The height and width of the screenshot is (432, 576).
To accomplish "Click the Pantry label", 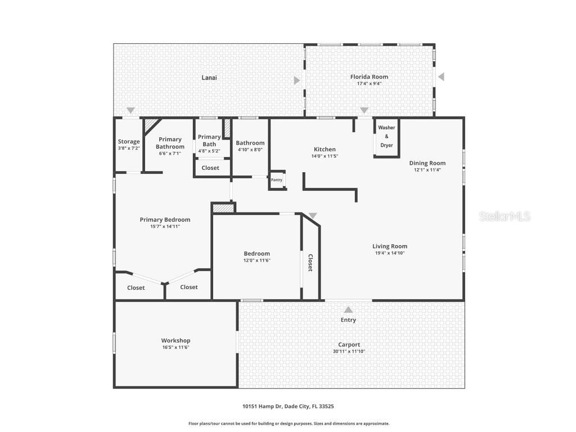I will (x=277, y=180).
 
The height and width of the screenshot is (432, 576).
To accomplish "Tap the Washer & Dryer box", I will (x=386, y=137).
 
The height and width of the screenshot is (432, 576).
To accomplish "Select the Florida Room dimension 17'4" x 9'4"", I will (x=369, y=84).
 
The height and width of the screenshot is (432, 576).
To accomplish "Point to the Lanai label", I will (x=209, y=78).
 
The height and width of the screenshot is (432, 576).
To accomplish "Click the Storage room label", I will (x=129, y=142).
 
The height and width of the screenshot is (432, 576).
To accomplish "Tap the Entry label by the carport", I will (x=348, y=320).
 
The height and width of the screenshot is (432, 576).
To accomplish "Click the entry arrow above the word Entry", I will (x=348, y=309).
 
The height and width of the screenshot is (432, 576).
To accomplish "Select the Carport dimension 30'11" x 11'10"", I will (x=349, y=352).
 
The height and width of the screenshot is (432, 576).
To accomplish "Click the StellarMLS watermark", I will (x=505, y=217).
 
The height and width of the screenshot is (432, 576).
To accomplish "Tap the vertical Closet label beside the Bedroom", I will (x=310, y=263).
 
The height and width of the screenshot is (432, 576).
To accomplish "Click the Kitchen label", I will (x=325, y=150).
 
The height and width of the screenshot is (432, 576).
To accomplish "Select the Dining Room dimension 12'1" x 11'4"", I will (x=427, y=169).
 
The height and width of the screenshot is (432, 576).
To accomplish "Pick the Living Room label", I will (x=390, y=246).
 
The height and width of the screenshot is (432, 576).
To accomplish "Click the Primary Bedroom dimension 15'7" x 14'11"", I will (x=165, y=227).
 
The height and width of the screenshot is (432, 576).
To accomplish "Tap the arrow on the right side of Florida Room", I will (x=441, y=76).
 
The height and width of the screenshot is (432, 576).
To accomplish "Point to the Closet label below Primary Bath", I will (x=210, y=168).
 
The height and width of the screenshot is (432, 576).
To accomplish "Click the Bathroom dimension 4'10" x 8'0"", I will (x=250, y=150).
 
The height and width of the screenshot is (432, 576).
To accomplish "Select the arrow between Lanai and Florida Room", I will (x=296, y=80).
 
